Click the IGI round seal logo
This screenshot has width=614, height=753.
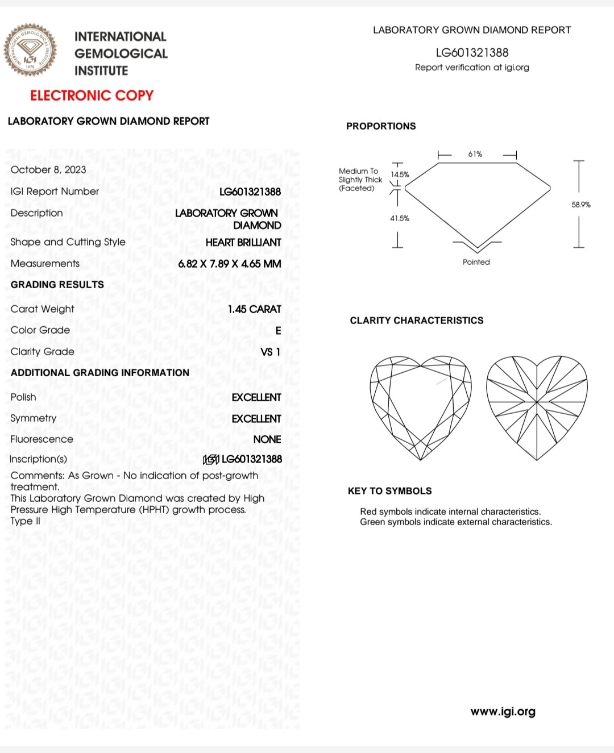(31, 50)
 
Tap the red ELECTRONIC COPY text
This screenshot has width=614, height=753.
(92, 95)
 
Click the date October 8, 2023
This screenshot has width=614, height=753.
(48, 169)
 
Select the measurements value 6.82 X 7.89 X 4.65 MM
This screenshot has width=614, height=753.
(229, 264)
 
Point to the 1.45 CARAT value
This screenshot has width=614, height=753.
(254, 309)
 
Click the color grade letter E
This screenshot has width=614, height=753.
(278, 331)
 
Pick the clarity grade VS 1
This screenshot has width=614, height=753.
(270, 352)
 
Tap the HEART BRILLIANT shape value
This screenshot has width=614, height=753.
(243, 242)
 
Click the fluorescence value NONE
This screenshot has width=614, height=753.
(267, 439)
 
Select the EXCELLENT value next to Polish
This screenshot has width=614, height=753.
(256, 397)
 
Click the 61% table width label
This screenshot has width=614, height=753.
(475, 154)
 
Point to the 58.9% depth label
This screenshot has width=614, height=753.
(581, 205)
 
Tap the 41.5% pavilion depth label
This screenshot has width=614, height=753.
(400, 218)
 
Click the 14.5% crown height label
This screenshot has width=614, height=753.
(400, 174)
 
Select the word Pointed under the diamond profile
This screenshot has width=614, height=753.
(476, 262)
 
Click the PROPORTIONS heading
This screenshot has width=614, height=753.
(381, 126)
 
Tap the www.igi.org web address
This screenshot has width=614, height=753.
(503, 712)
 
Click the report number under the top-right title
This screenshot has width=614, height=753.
(472, 53)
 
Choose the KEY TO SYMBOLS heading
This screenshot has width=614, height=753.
(389, 491)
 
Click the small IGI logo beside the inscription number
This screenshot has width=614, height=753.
(211, 459)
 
